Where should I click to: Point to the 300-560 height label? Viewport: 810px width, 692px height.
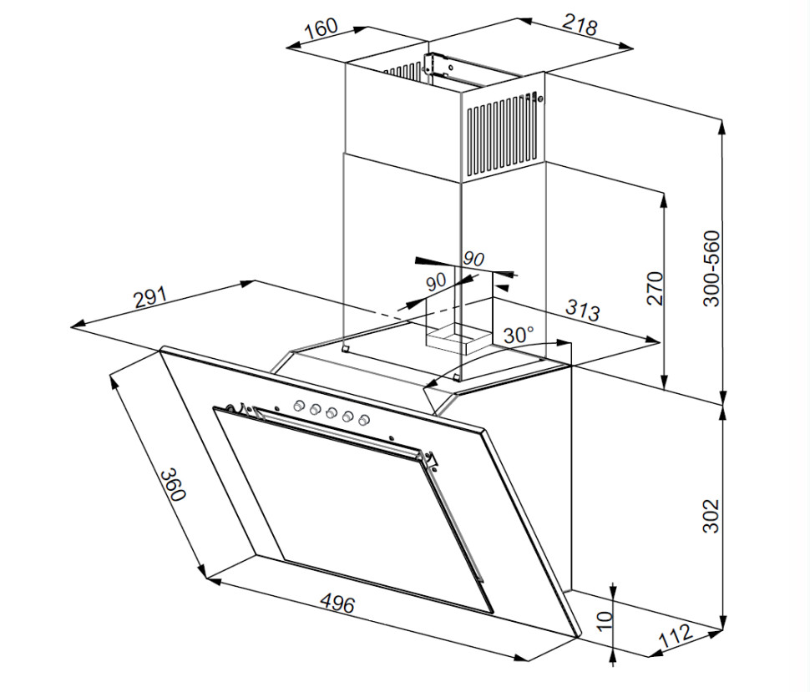coord(711,269)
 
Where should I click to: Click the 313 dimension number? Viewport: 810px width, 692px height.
coord(582,311)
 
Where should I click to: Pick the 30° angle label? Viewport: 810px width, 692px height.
coord(518,336)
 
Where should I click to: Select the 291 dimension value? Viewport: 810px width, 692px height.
coord(151,298)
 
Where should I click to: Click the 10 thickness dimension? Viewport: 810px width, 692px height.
coord(606,619)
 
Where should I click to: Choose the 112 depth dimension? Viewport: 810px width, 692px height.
coord(676,637)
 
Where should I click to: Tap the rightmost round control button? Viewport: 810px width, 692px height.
coord(363,419)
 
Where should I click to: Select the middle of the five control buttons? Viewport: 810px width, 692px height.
coord(331,412)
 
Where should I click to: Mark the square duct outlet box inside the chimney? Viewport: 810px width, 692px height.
coord(458,337)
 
